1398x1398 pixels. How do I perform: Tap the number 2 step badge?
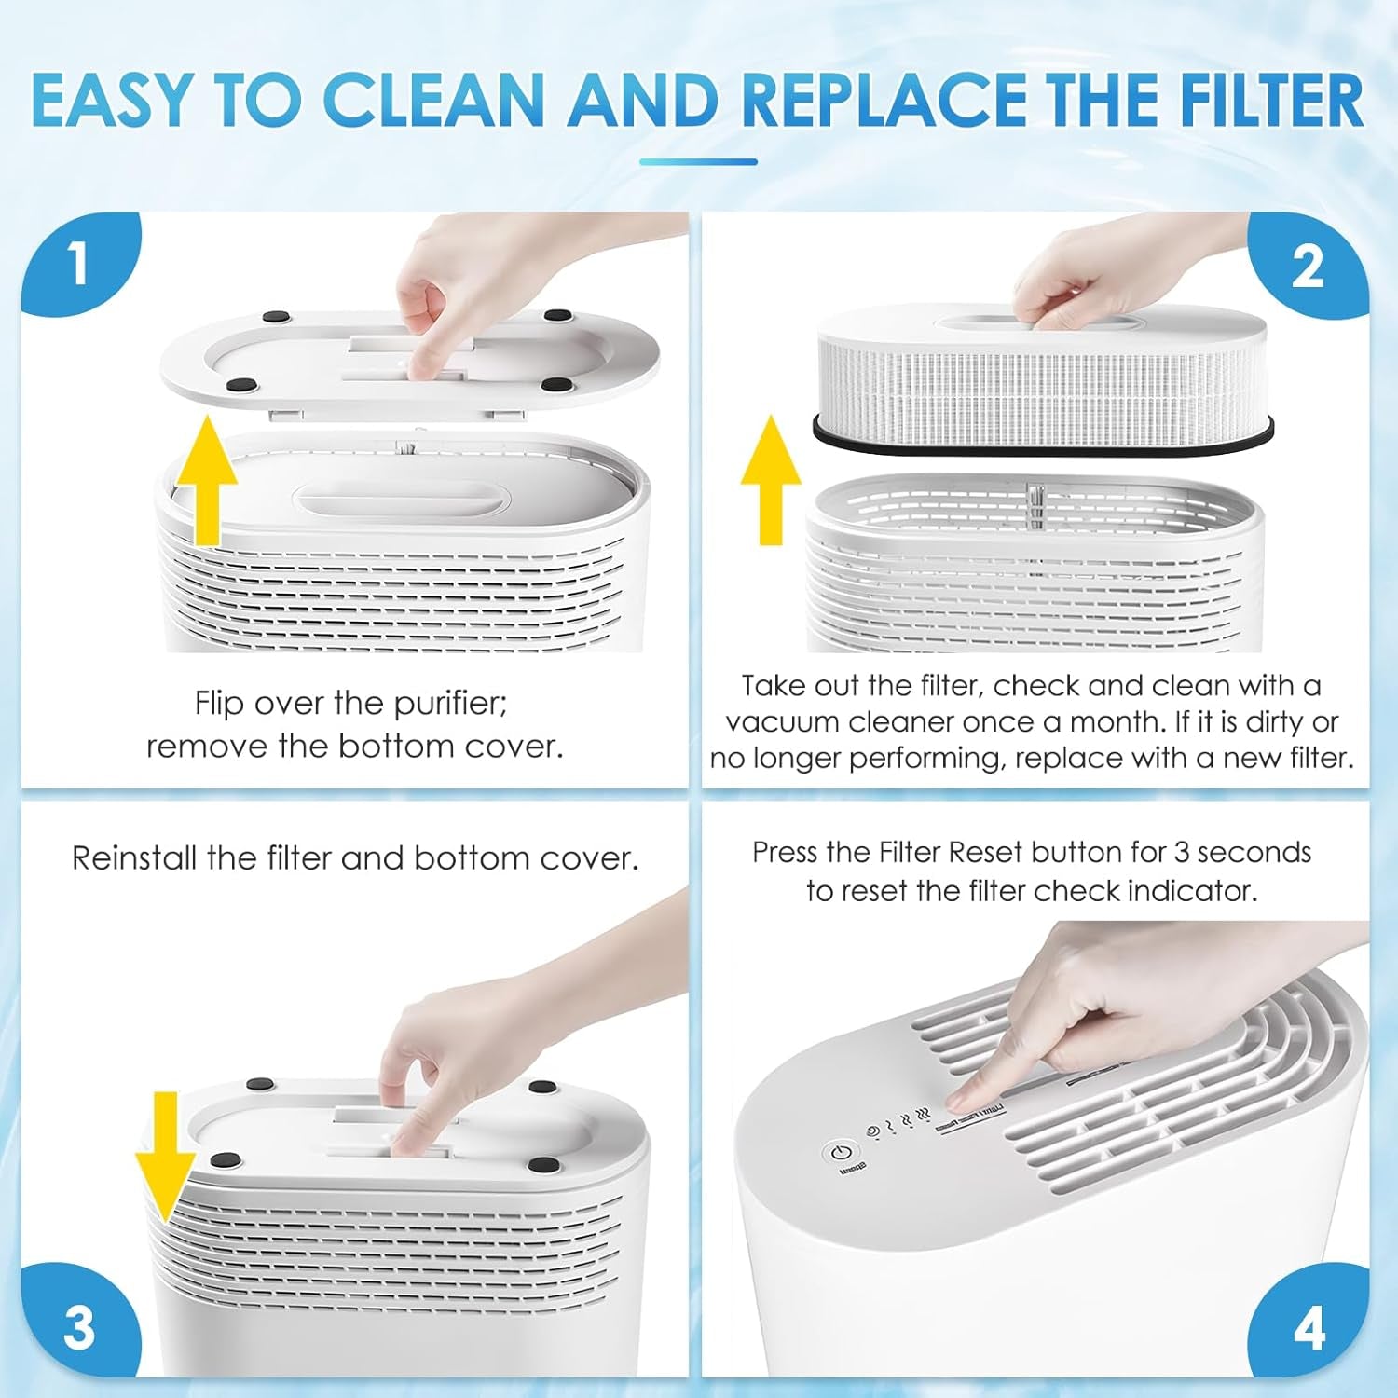(x=1308, y=267)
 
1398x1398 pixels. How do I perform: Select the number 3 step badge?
(x=79, y=1327)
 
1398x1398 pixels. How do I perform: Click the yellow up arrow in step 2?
(x=770, y=480)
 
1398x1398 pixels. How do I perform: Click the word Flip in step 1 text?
(x=220, y=704)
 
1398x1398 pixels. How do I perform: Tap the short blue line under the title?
(x=698, y=161)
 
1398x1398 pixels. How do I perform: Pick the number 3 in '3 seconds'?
(x=1182, y=853)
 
